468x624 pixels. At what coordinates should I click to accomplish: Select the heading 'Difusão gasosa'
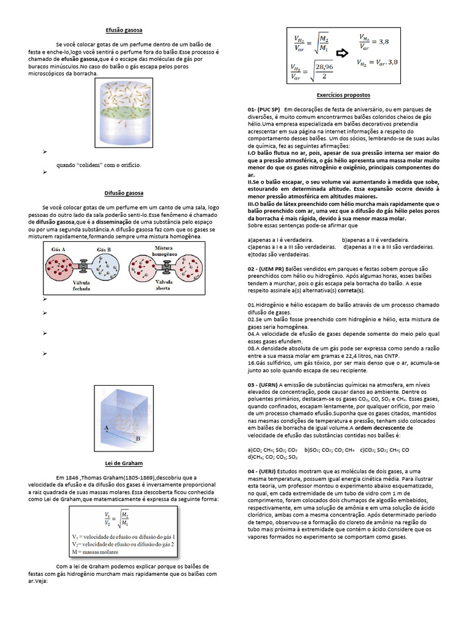[x=124, y=193]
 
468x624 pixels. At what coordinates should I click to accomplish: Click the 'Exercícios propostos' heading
[x=343, y=96]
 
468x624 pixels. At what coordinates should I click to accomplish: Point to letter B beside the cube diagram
[x=139, y=438]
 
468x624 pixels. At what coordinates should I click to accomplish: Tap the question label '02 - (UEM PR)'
[x=268, y=268]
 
